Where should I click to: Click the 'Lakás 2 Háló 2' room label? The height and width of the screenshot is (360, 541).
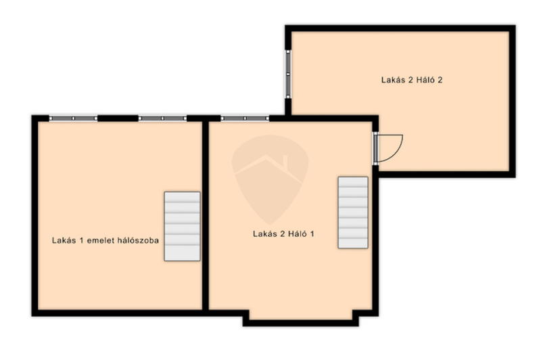[412, 80]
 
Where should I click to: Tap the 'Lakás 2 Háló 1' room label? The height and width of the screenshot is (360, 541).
[283, 233]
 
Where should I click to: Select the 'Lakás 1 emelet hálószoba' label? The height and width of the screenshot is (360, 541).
[105, 240]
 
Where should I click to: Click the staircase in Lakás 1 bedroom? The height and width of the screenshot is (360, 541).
[182, 226]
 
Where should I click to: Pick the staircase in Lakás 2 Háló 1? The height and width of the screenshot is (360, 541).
[353, 212]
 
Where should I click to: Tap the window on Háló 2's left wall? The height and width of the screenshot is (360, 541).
[288, 74]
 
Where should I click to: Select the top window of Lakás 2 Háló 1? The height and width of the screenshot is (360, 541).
[245, 118]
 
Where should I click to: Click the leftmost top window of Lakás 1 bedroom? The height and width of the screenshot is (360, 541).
[73, 118]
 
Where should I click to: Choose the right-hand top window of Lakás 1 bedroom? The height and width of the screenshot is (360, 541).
[162, 118]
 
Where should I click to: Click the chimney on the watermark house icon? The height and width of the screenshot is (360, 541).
[285, 162]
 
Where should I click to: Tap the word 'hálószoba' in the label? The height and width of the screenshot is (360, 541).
[138, 240]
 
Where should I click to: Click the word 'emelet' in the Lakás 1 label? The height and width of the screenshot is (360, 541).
[100, 240]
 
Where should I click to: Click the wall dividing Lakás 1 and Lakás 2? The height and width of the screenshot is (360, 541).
[206, 216]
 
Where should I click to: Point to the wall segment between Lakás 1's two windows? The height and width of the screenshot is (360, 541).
[118, 118]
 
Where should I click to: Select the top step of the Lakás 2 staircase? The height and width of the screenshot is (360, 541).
[353, 182]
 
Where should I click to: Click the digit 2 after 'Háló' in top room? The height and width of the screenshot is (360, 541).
[440, 80]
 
